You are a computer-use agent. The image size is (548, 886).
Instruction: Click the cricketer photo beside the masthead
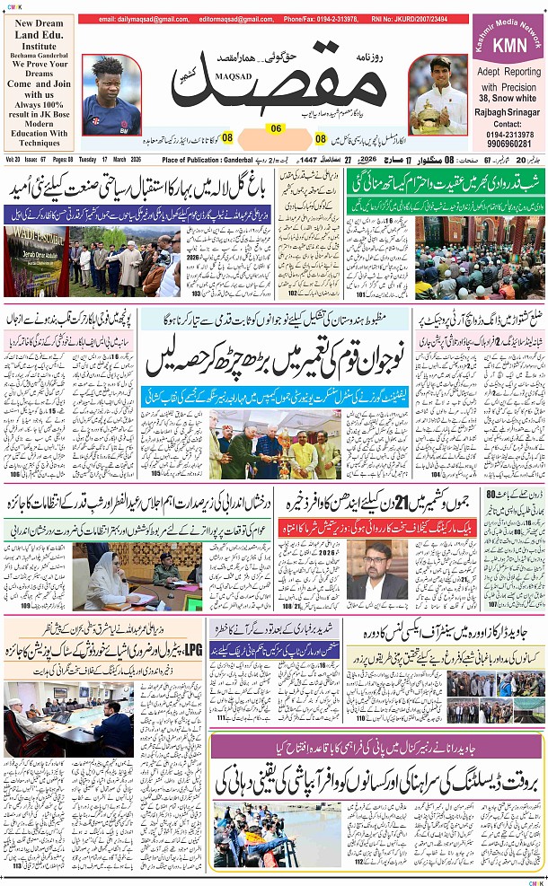(110, 94)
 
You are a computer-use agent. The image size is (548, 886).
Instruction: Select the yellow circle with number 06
(276, 128)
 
